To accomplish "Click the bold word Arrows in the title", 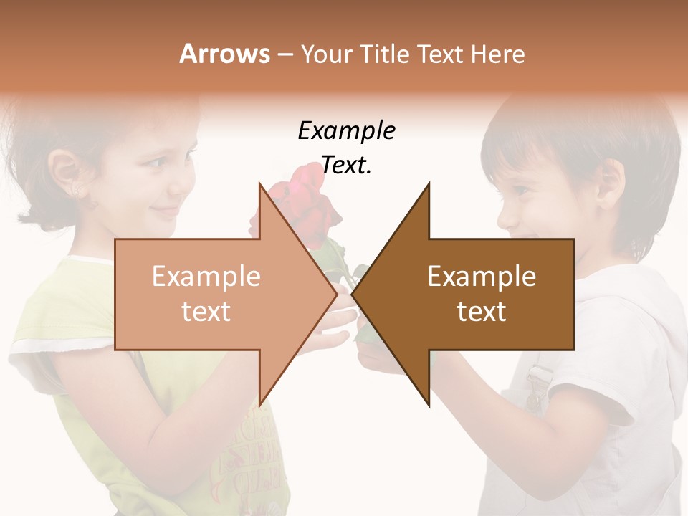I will click(x=224, y=54).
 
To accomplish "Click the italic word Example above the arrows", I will click(x=346, y=131).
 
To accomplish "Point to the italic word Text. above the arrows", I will click(x=346, y=166).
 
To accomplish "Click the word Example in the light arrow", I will click(x=206, y=277).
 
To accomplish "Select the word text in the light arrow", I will click(x=206, y=312).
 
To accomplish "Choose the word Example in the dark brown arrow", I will click(x=482, y=277).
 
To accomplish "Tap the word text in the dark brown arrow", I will click(x=482, y=312).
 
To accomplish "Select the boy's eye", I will click(x=521, y=190).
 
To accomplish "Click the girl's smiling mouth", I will click(x=166, y=212).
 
